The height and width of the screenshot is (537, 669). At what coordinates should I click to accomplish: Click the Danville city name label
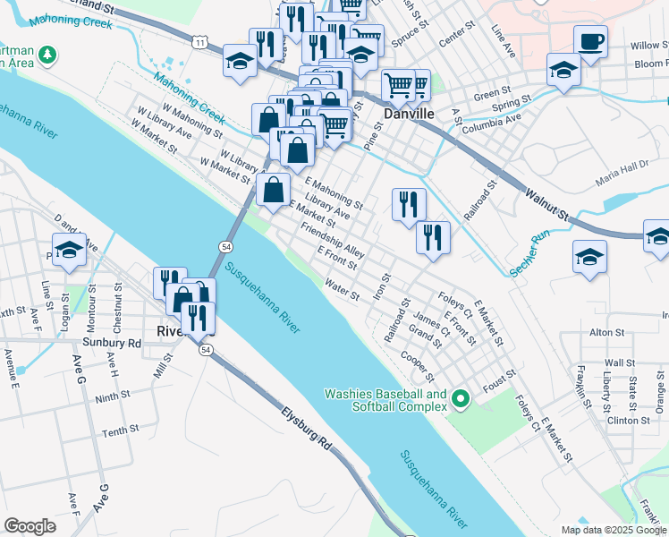409,115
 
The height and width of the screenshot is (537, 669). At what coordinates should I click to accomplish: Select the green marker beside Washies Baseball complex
462,399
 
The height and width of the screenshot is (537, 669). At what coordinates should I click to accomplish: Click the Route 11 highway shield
204,42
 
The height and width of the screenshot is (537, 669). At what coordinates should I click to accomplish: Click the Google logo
30,526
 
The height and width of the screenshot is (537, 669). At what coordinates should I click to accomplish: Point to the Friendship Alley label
333,241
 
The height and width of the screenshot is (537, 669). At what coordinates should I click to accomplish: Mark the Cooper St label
418,363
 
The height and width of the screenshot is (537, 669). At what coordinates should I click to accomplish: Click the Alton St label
606,332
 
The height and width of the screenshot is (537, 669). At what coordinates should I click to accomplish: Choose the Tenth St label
120,431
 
